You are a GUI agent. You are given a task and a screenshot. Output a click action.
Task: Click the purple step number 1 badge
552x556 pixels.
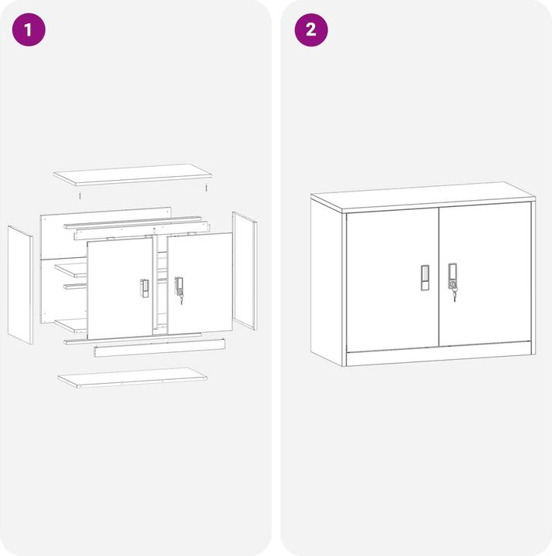[29, 30]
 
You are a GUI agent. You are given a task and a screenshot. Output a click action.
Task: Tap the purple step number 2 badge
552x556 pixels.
[311, 30]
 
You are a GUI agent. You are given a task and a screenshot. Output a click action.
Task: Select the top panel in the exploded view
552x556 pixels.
[132, 174]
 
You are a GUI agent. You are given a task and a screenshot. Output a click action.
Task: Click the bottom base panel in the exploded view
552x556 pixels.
[133, 377]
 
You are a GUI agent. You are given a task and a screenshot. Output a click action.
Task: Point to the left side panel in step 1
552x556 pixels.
[20, 284]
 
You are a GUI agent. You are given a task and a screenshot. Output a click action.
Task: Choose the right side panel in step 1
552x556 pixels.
[245, 270]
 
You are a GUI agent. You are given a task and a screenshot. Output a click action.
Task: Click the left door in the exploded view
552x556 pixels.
[119, 287]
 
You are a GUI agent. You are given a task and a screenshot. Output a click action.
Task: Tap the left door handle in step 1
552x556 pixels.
[144, 288]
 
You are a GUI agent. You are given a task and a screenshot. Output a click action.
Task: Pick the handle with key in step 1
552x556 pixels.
[179, 287]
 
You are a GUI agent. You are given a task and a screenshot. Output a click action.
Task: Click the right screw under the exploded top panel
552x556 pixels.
[206, 188]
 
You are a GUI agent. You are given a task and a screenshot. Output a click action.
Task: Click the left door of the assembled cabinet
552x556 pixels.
[392, 278]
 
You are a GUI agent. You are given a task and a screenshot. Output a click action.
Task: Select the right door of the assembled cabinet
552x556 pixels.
[485, 274]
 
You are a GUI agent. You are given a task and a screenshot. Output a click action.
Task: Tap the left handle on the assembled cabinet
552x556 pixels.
[425, 278]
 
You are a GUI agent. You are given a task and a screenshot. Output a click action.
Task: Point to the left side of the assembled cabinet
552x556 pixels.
[327, 282]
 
